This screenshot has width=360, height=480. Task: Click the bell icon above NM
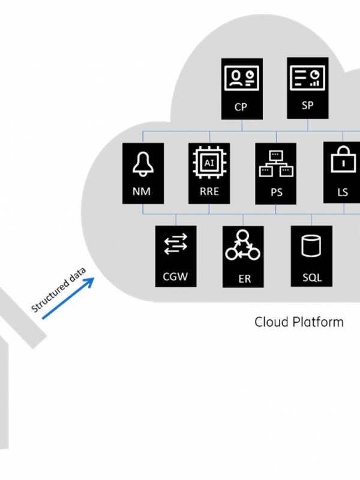tap(143, 164)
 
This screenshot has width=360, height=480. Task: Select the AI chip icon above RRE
tap(209, 163)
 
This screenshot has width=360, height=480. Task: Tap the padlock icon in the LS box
tap(344, 159)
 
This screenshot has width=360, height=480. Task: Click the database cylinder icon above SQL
tap(311, 246)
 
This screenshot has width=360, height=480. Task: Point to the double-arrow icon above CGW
tap(176, 244)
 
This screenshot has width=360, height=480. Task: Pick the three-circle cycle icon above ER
tap(243, 245)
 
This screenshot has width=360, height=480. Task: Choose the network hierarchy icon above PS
tap(276, 164)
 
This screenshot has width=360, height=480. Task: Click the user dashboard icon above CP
tap(242, 78)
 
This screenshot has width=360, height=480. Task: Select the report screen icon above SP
tap(308, 77)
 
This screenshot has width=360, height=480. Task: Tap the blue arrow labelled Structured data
tap(68, 298)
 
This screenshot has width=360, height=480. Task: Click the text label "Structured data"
tap(58, 290)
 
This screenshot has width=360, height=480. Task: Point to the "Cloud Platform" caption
tap(299, 322)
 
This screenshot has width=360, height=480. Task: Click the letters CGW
tap(175, 277)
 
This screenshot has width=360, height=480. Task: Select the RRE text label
tap(209, 191)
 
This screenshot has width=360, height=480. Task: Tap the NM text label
tap(142, 191)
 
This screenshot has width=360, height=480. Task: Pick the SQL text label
tap(312, 277)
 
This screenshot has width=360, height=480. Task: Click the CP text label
tap(241, 107)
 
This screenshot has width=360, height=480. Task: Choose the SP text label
tap(308, 106)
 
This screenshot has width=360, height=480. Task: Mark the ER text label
tap(245, 279)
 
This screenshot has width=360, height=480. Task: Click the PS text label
tap(277, 192)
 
